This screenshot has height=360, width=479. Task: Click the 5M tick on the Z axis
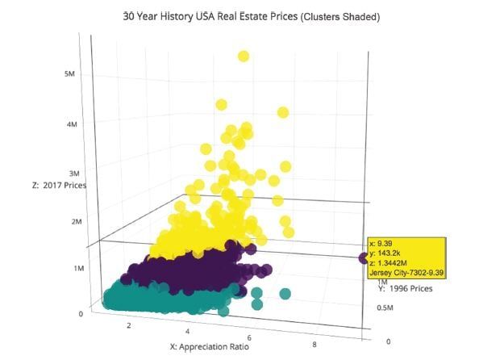pos(71,73)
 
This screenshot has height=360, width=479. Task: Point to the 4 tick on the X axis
pos(188,331)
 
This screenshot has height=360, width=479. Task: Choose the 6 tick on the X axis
pos(251,337)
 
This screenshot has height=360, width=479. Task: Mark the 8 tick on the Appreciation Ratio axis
pos(314,345)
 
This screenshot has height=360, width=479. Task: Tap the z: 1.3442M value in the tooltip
pos(389,262)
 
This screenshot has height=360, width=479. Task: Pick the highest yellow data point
pos(244,56)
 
